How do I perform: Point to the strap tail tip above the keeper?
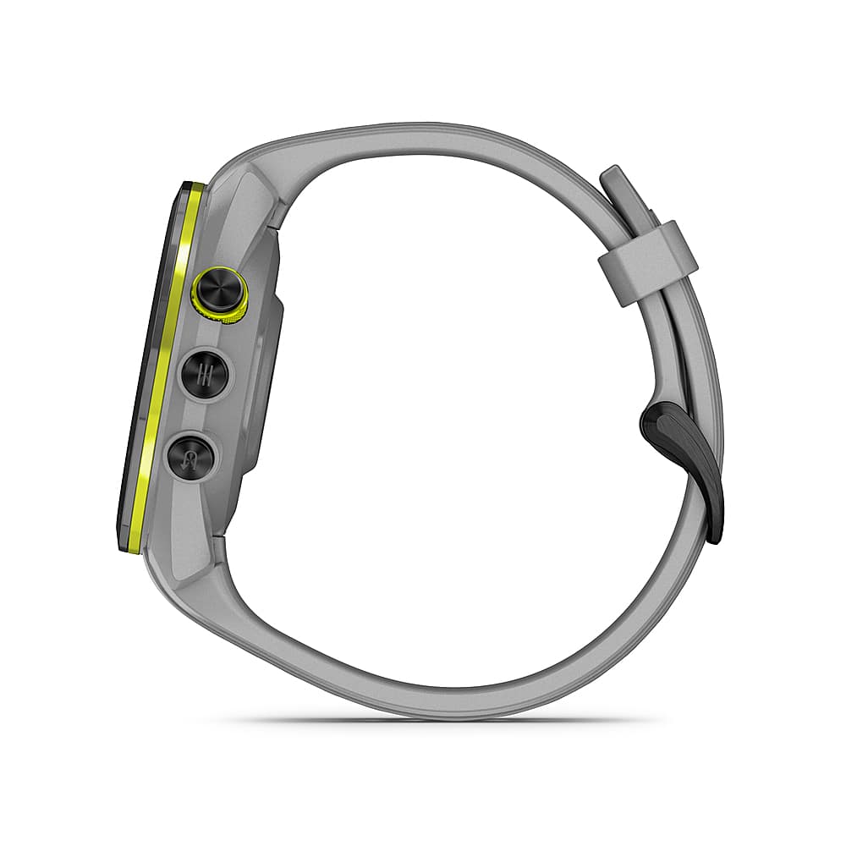point(614,179)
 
